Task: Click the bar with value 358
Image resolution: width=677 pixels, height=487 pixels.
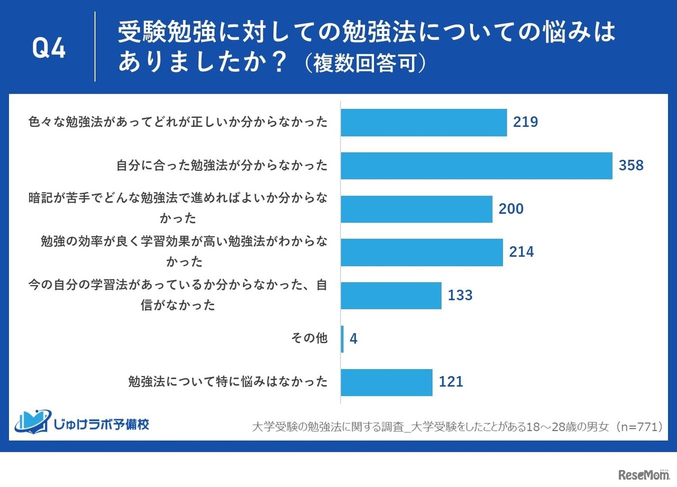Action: (476, 166)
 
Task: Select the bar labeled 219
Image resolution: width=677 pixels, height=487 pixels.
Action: (423, 123)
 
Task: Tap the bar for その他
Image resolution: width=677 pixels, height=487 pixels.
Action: (342, 339)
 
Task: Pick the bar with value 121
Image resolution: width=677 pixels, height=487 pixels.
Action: (386, 382)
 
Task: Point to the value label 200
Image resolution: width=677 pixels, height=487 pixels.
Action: (511, 209)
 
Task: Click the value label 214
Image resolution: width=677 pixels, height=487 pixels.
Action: (522, 252)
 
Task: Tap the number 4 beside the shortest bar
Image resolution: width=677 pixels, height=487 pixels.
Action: (354, 339)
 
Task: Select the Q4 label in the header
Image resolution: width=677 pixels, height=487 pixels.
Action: (49, 49)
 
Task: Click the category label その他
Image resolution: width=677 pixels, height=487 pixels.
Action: (309, 338)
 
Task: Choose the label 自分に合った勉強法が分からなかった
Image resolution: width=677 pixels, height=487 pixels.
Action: (222, 166)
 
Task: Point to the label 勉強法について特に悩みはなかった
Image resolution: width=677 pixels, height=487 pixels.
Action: (228, 382)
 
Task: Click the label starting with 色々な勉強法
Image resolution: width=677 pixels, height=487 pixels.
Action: (178, 123)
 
